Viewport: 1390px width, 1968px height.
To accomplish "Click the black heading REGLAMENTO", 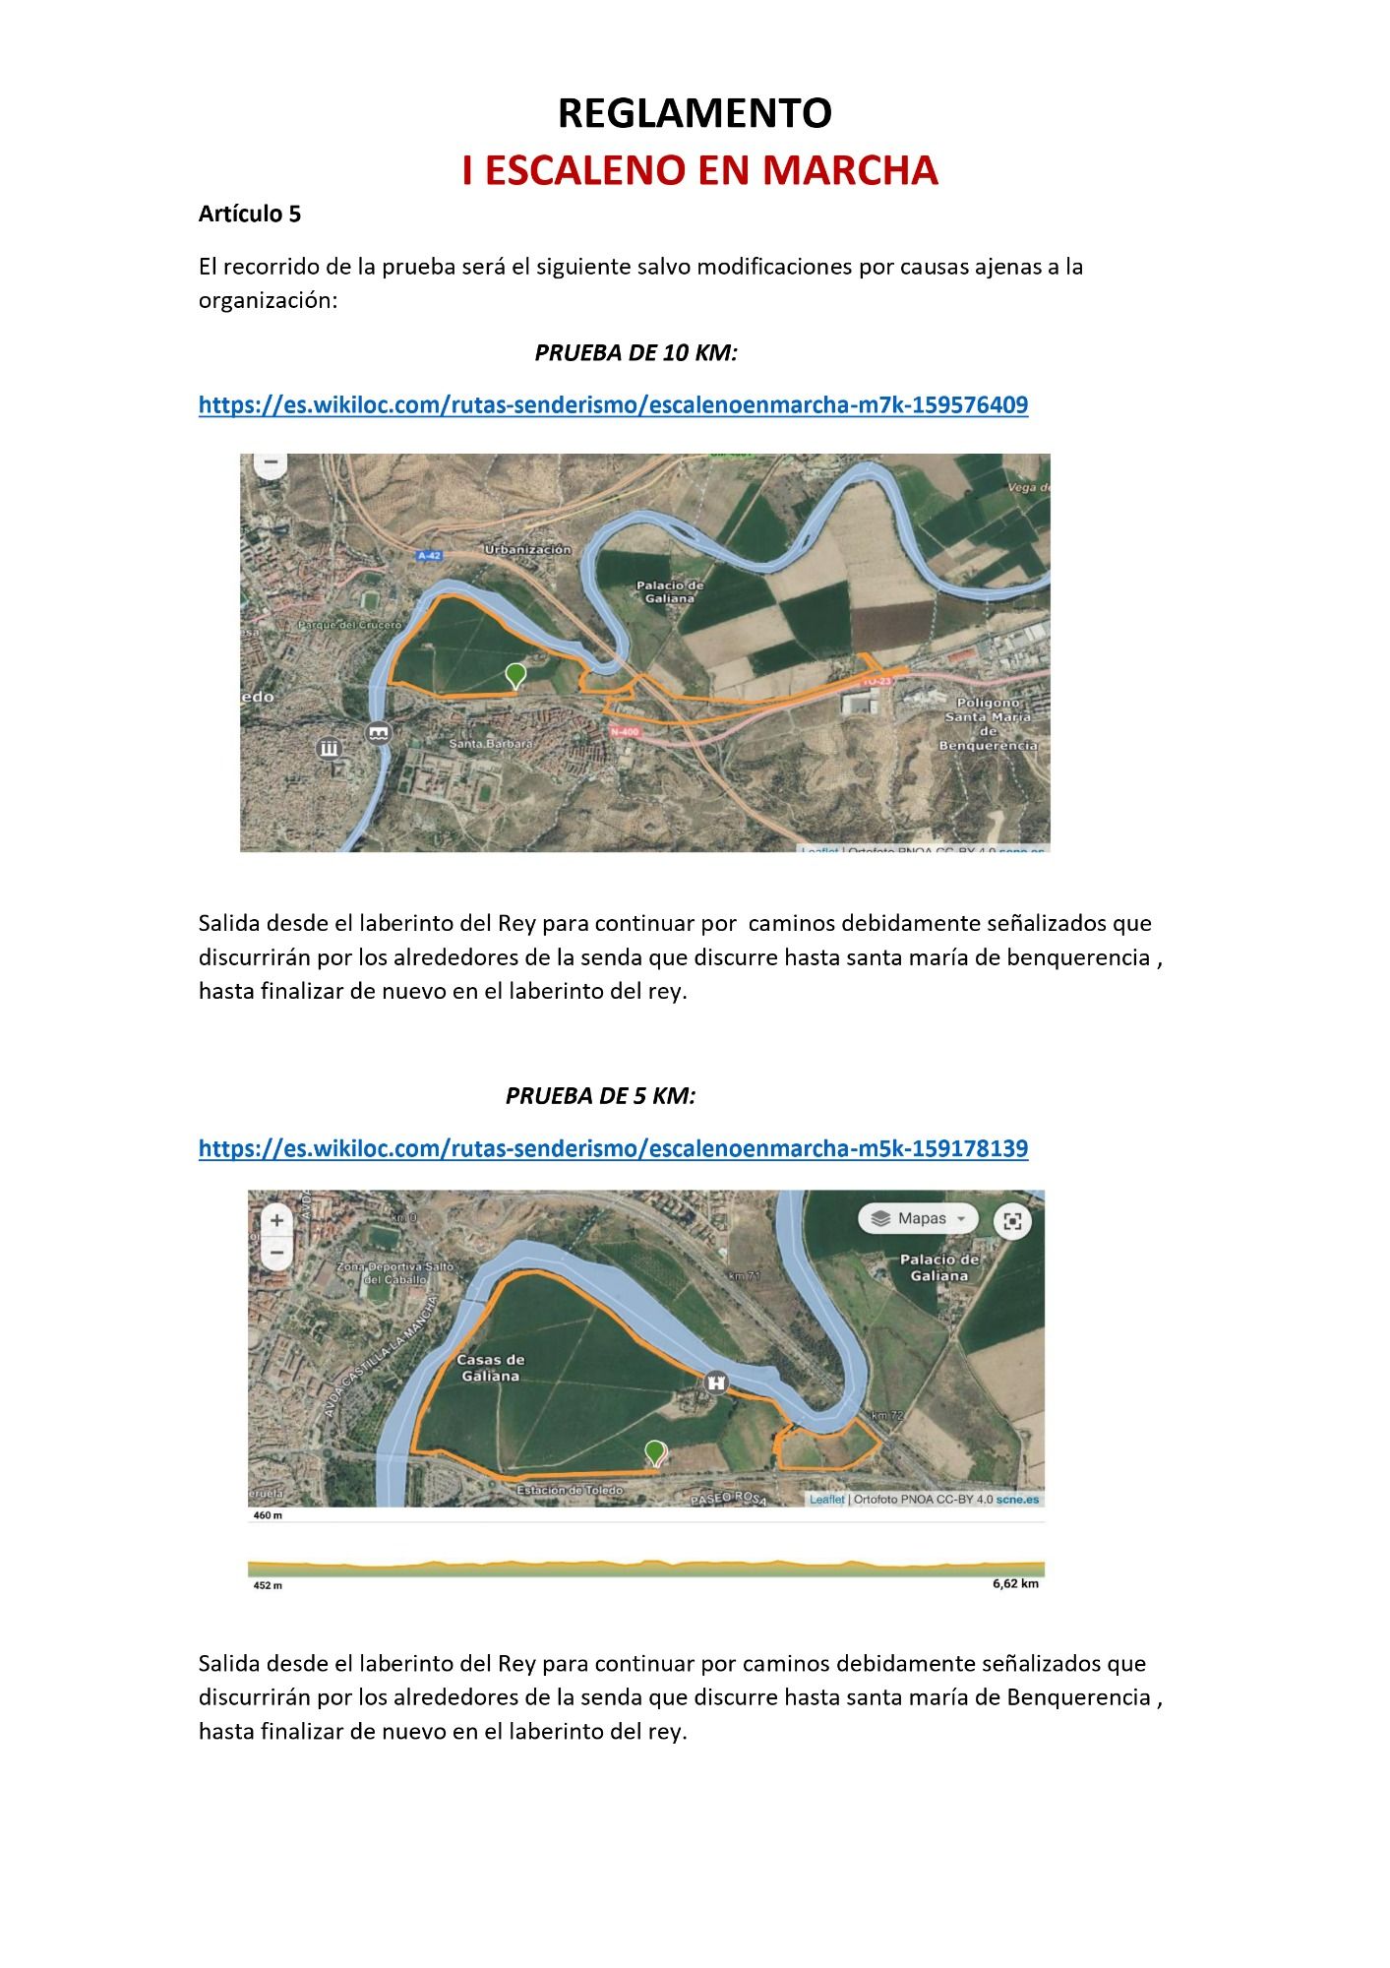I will pyautogui.click(x=695, y=113).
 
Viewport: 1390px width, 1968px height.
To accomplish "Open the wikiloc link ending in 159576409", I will pyautogui.click(x=613, y=404).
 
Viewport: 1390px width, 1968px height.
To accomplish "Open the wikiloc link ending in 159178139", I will pyautogui.click(x=613, y=1147).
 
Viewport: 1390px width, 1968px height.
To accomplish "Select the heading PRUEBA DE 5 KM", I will pyautogui.click(x=600, y=1095).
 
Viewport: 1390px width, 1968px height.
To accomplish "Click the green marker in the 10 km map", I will pyautogui.click(x=514, y=675).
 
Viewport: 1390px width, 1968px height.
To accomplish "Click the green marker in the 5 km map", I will pyautogui.click(x=654, y=1451).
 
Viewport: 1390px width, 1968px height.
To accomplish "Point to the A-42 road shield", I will pyautogui.click(x=429, y=556).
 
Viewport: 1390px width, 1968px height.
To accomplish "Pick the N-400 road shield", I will pyautogui.click(x=624, y=731).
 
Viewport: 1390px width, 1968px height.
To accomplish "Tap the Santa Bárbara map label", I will pyautogui.click(x=490, y=744).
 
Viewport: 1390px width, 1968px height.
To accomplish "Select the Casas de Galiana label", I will pyautogui.click(x=490, y=1368).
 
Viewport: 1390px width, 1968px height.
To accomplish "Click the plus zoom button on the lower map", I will pyautogui.click(x=277, y=1220).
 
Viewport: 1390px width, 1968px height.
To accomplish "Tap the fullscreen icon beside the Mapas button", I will pyautogui.click(x=1012, y=1221).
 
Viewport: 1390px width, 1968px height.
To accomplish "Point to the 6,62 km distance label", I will pyautogui.click(x=1014, y=1583).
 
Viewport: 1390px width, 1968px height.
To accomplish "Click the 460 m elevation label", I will pyautogui.click(x=268, y=1515).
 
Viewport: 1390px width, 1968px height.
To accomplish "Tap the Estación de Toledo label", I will pyautogui.click(x=570, y=1490).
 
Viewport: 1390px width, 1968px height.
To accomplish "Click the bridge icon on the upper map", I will pyautogui.click(x=379, y=732).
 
